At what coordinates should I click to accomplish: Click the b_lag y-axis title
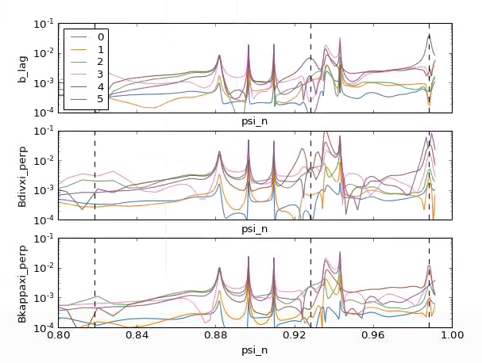point(25,68)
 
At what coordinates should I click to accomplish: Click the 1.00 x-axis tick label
point(452,336)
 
